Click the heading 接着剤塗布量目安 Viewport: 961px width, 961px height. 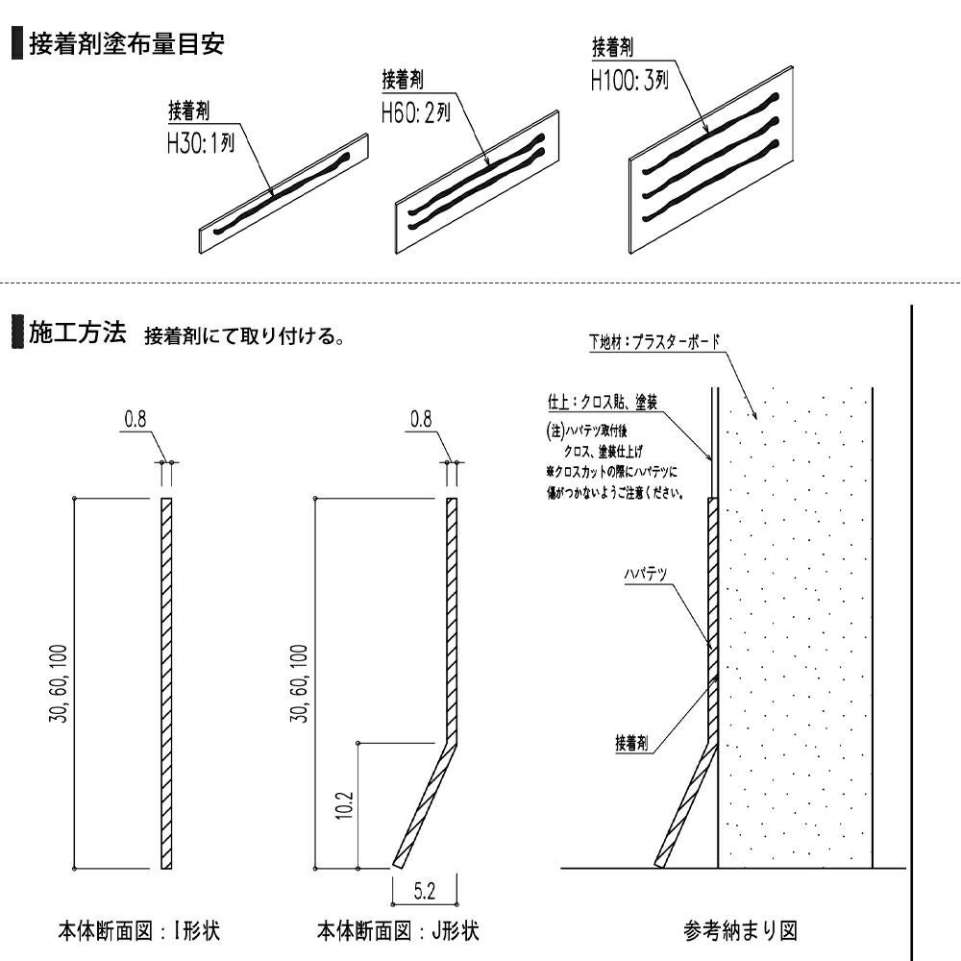coord(127,44)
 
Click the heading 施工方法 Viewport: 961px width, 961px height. coord(77,333)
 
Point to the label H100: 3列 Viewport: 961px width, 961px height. coord(628,80)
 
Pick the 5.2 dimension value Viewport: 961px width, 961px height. coord(423,892)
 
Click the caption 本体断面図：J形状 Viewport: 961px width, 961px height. coord(398,931)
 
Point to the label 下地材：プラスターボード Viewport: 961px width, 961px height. coord(654,342)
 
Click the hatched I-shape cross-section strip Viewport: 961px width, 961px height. coord(166,682)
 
